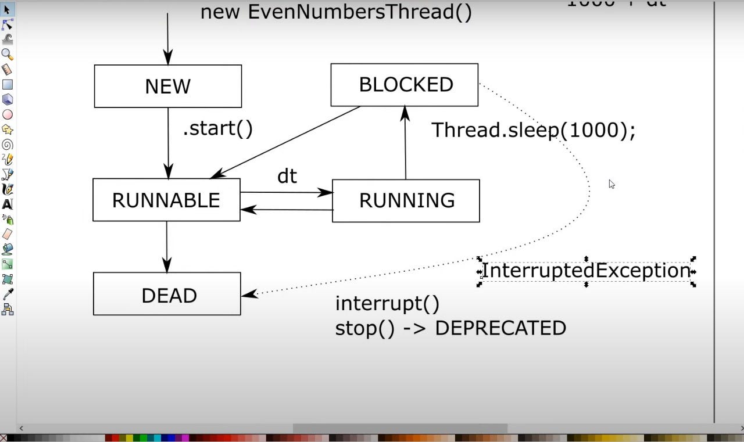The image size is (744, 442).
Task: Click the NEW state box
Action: coord(167,87)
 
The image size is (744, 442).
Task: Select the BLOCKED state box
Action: coord(405,85)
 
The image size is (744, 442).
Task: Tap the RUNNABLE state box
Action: coord(166,200)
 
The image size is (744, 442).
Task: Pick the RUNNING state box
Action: coord(406,200)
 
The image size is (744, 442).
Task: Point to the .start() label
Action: coord(218,128)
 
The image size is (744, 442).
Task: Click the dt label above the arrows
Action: coord(287,176)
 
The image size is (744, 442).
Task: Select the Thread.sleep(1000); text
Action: coord(533,130)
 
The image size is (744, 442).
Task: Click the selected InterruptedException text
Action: coord(586,271)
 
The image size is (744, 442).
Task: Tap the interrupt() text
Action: coord(387,303)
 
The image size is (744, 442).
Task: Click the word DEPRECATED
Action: coord(500,328)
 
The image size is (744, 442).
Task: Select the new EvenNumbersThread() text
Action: coord(336,12)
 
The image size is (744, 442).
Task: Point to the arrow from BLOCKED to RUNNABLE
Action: coord(285,142)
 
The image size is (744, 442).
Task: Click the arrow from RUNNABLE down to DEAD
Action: coord(167,247)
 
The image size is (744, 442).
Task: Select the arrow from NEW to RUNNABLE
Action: coord(168,143)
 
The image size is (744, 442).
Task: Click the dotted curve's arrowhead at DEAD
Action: coord(249,294)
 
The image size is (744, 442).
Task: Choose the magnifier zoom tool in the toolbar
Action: coord(7,55)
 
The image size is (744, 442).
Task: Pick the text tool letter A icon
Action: coord(7,204)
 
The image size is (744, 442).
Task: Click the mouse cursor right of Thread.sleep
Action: coord(611,184)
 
